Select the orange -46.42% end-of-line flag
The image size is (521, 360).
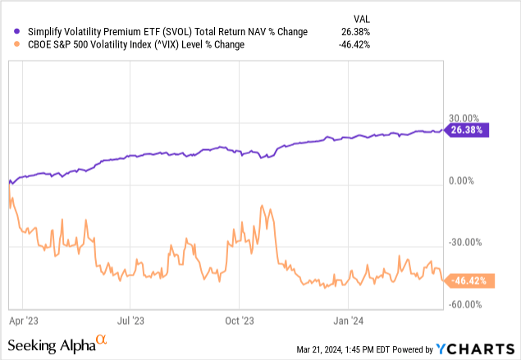(467, 280)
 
